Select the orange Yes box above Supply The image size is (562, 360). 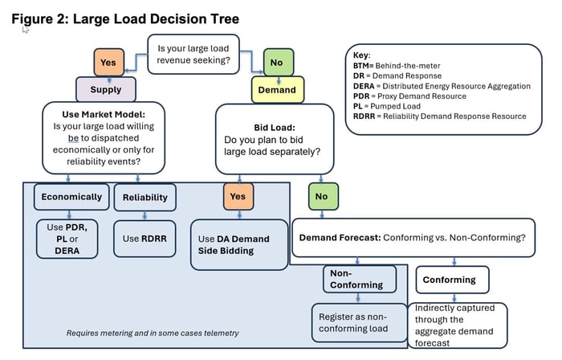[x=108, y=62]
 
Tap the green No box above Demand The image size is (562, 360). [x=276, y=62]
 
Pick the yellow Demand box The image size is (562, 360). [x=276, y=90]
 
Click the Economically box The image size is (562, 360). [x=71, y=197]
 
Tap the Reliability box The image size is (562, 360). [x=145, y=197]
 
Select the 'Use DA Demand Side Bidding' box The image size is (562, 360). [x=238, y=245]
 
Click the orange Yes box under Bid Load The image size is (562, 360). [x=238, y=195]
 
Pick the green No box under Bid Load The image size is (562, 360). [x=321, y=195]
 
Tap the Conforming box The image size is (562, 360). [x=450, y=280]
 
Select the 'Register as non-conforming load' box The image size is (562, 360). [x=355, y=321]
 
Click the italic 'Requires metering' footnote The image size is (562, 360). [x=152, y=333]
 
